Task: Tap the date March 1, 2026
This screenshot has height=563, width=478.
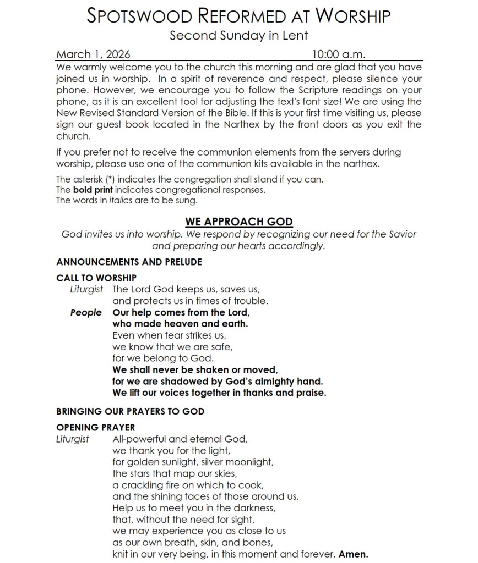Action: click(93, 54)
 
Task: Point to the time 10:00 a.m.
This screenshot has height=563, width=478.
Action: click(339, 54)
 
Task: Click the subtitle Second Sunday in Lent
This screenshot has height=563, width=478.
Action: click(238, 36)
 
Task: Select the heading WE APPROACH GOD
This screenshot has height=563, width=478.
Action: click(238, 222)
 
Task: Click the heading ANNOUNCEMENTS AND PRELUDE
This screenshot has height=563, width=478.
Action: click(129, 262)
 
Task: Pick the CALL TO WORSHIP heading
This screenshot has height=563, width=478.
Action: click(96, 278)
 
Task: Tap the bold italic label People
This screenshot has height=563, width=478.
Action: click(86, 312)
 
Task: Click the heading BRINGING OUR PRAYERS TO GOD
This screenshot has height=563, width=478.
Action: click(130, 411)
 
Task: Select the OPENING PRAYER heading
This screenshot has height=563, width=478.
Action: click(95, 427)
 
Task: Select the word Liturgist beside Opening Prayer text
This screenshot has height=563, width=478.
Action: click(73, 439)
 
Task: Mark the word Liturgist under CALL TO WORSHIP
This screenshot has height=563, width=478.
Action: click(86, 289)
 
